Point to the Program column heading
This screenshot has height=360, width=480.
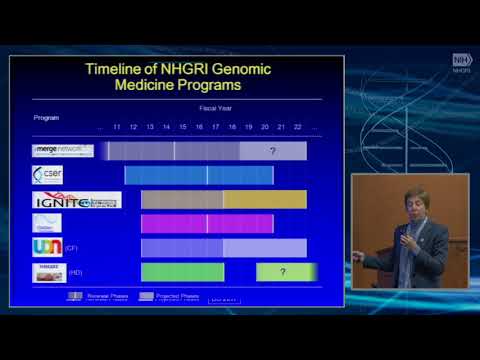pyautogui.click(x=46, y=117)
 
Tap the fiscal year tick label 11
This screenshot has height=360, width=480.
pyautogui.click(x=116, y=128)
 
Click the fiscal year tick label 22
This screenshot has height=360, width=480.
pyautogui.click(x=297, y=128)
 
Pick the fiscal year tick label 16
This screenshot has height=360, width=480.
pyautogui.click(x=199, y=128)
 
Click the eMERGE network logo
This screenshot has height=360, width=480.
pyautogui.click(x=62, y=151)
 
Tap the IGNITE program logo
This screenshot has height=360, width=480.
pyautogui.click(x=76, y=200)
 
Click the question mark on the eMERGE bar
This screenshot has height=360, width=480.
pyautogui.click(x=272, y=151)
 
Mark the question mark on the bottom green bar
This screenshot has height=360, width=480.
pyautogui.click(x=283, y=272)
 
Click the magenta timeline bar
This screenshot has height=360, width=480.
pyautogui.click(x=205, y=223)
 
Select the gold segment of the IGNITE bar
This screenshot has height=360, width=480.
pyautogui.click(x=264, y=200)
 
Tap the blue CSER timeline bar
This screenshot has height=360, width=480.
pyautogui.click(x=198, y=175)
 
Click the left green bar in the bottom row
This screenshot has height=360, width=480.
pyautogui.click(x=182, y=272)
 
